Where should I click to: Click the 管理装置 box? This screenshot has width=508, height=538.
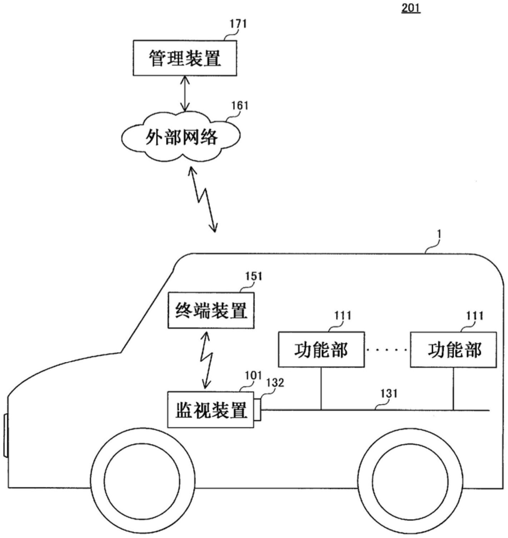click(185, 58)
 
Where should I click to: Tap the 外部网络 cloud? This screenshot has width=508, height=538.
click(181, 136)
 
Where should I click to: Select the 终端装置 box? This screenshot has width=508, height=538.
click(211, 310)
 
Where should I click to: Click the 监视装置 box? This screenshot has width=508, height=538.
click(211, 410)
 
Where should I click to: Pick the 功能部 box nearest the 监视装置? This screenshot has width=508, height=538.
click(321, 349)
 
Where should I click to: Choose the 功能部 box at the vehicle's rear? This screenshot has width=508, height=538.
click(453, 349)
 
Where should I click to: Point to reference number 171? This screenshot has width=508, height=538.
click(238, 24)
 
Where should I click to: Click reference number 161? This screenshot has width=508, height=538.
click(240, 106)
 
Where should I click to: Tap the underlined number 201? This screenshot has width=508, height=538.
click(411, 8)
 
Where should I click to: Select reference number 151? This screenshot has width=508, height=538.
click(253, 277)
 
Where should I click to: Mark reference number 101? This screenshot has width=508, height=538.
click(253, 376)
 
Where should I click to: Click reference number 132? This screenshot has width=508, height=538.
click(275, 383)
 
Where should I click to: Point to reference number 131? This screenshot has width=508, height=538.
click(389, 394)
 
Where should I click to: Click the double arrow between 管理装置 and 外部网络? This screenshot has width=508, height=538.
click(185, 94)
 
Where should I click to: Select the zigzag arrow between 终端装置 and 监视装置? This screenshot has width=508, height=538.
click(207, 359)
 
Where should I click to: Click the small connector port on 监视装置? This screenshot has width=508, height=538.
click(257, 410)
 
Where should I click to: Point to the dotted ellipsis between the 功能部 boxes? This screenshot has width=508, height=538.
click(387, 350)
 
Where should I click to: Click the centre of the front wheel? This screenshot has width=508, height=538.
click(142, 478)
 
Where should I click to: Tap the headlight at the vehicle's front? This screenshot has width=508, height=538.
click(6, 435)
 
